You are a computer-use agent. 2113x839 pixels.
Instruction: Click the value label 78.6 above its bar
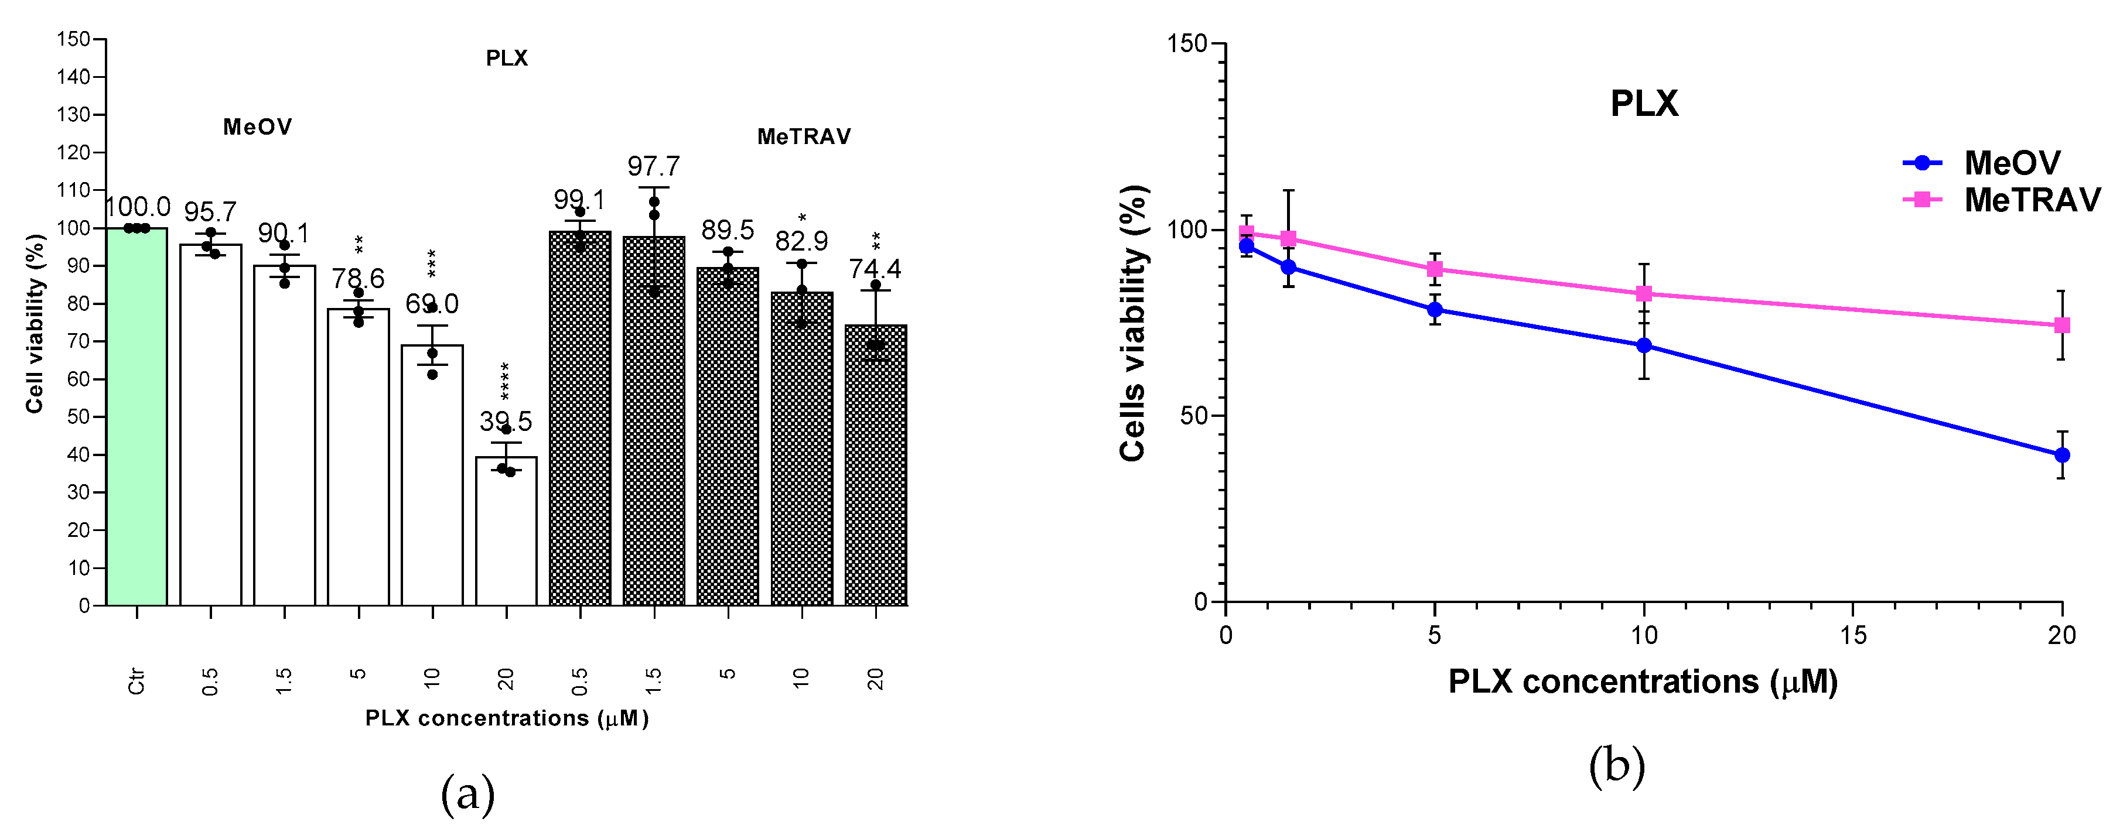(359, 279)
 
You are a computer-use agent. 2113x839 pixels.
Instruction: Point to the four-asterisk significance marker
(506, 381)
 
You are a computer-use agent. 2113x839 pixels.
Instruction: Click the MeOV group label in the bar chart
(258, 127)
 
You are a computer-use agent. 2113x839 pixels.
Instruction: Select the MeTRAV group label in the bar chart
(804, 137)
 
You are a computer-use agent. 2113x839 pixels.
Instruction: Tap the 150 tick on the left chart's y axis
(74, 39)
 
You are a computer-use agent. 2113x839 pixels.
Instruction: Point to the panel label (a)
(467, 794)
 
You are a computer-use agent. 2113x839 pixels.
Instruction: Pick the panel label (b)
(1617, 765)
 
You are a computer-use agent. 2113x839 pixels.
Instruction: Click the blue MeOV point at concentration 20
(2061, 455)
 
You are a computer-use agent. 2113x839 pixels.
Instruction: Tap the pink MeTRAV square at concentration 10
(1644, 293)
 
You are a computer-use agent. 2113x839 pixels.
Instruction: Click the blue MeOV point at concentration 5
(1435, 310)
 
